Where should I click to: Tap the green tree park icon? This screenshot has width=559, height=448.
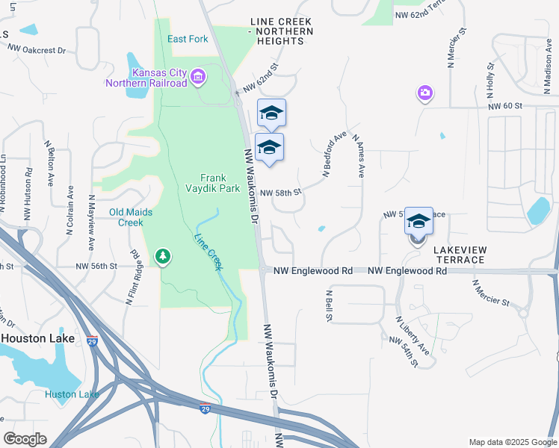point(162,257)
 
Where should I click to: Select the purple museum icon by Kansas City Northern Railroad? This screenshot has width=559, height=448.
point(198,77)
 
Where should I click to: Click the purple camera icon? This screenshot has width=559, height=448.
point(424,93)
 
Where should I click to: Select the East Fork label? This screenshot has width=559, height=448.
point(188,40)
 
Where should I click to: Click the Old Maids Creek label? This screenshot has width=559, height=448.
point(131,217)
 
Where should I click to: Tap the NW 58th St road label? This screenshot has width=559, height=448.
point(281,192)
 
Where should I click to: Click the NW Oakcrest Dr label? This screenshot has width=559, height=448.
point(37,49)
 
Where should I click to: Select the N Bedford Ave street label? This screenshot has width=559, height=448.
point(336,155)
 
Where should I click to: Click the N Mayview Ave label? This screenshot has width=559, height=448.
point(90,223)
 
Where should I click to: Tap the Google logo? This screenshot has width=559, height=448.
point(25,439)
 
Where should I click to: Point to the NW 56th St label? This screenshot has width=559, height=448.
point(97,266)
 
